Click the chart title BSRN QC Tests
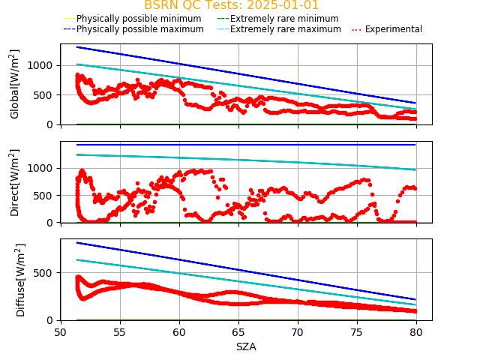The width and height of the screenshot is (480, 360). pos(231,5)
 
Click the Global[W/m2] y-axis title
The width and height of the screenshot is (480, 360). pos(15,84)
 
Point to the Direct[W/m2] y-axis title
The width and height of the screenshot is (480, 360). pos(15,182)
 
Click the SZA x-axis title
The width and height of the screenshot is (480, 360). pos(246,346)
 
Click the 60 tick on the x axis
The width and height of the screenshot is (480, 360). pos(179,332)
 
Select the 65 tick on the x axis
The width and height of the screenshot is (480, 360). pos(238,332)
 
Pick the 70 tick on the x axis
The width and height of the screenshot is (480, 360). pos(298,332)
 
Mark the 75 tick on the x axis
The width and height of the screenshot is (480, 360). pos(357,332)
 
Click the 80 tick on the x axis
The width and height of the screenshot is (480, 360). pos(416,332)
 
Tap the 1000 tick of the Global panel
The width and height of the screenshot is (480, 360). pos(43,65)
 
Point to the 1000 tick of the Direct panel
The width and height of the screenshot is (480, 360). pos(43,168)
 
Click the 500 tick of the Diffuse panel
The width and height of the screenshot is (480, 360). pos(46,272)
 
